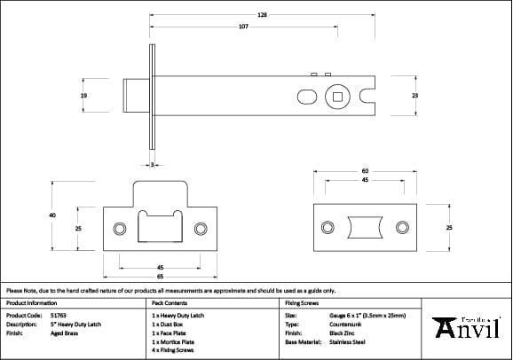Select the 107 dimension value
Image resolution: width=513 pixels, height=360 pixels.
pos(243,27)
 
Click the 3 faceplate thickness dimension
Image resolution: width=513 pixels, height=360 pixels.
pos(153,165)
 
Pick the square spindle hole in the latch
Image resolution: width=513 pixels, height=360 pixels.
pos(337,95)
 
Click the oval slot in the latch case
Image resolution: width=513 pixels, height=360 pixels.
pos(304,95)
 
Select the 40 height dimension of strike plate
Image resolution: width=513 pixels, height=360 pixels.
pos(52,215)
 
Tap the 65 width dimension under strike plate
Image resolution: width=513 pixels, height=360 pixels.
pos(161,276)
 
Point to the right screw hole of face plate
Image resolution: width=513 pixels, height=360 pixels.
pos(402,227)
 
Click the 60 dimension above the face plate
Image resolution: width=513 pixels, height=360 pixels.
pos(365,171)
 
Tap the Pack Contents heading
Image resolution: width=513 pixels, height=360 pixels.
pos(169,302)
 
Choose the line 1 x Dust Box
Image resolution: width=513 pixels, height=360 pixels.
pos(171,324)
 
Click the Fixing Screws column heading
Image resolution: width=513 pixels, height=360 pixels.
pos(300,302)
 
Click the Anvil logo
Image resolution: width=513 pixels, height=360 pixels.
pos(470,327)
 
